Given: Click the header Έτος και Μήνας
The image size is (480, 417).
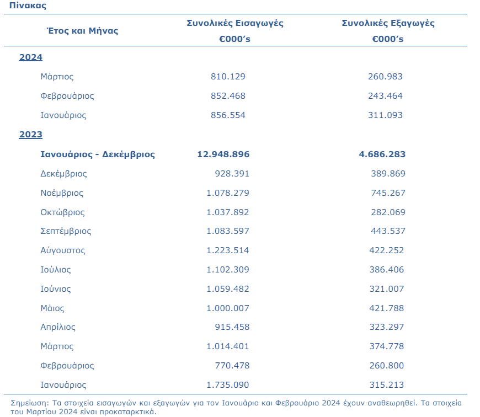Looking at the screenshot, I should (82, 31).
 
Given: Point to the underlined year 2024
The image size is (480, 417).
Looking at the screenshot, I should (31, 57).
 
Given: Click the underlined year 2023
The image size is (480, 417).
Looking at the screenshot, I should (31, 135).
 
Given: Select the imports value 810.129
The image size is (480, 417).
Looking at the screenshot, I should (228, 77).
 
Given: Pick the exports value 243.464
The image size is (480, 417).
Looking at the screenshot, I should (385, 96).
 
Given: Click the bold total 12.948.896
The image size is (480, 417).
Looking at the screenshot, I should (223, 154).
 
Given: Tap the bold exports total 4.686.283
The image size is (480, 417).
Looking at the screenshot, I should (382, 154).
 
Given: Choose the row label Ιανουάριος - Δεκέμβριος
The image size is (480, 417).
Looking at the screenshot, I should (98, 154).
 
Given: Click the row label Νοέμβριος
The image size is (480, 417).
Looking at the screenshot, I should (62, 193).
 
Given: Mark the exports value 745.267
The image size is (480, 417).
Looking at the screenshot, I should (388, 193).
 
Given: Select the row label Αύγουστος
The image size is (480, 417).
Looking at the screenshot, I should (63, 250).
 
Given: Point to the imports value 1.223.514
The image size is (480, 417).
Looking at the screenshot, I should (228, 250).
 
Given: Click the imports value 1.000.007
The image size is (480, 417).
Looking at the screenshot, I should (228, 308).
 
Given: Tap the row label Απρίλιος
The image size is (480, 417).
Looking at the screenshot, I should (58, 327).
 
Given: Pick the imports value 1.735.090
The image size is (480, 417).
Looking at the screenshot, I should (228, 385).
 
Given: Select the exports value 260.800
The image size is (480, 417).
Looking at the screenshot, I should (386, 366).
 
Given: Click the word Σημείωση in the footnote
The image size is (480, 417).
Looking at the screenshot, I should (30, 404).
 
